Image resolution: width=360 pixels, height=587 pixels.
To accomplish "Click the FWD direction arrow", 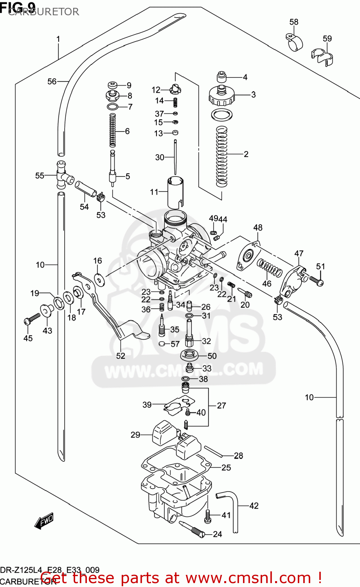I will point(43,521).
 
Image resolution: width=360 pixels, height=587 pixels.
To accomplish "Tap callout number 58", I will point(294,22).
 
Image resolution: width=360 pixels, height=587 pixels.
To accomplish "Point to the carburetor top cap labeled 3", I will point(222,95).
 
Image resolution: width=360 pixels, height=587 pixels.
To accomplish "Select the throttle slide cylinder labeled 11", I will point(175,193).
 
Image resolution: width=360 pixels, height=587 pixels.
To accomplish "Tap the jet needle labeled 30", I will point(175,157).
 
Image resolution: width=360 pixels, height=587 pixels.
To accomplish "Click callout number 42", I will point(254,506).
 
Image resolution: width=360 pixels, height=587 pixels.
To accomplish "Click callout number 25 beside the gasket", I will point(226,467).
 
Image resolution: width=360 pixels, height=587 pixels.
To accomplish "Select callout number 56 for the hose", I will point(52,81).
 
